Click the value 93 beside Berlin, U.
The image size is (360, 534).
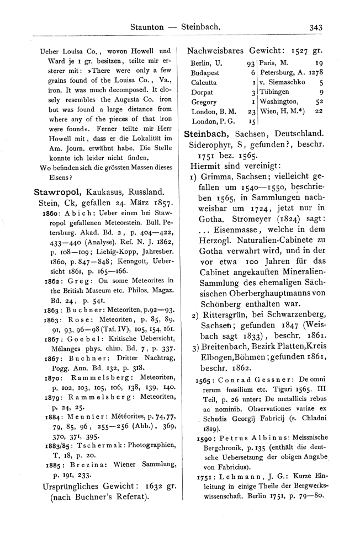pyautogui.click(x=251, y=63)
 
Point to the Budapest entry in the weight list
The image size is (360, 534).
pyautogui.click(x=205, y=73)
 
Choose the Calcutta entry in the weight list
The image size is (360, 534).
pyautogui.click(x=204, y=82)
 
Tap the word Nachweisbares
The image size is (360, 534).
pyautogui.click(x=215, y=50)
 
